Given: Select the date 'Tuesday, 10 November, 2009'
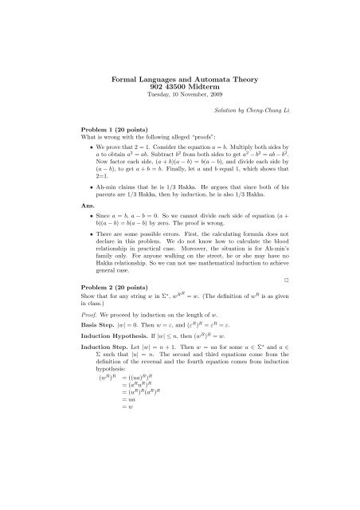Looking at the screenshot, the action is click(x=179, y=99).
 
